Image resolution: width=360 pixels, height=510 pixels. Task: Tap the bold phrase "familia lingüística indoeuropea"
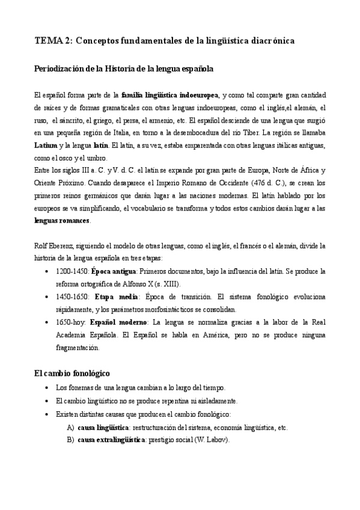170,95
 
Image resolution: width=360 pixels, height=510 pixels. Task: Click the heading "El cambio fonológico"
72,373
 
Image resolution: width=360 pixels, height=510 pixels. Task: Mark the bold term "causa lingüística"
104,428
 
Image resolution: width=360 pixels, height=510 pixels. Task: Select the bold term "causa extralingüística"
111,440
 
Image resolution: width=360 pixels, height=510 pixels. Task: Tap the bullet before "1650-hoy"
47,322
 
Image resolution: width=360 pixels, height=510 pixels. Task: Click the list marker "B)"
71,440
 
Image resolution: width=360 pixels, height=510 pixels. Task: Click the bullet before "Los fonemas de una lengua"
47,389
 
